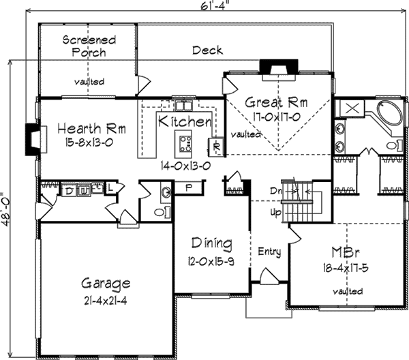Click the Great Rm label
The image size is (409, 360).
[x=276, y=103]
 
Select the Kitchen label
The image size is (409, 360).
[x=185, y=122]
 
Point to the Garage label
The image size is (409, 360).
[x=106, y=282]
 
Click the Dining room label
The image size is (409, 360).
[x=211, y=243]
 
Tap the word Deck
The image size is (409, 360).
[x=207, y=50]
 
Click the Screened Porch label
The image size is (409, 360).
[x=89, y=46]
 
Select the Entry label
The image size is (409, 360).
[x=269, y=252]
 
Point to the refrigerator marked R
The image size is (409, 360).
[x=215, y=146]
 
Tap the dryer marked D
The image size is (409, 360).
[x=68, y=190]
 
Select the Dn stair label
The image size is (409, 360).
[x=275, y=190]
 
